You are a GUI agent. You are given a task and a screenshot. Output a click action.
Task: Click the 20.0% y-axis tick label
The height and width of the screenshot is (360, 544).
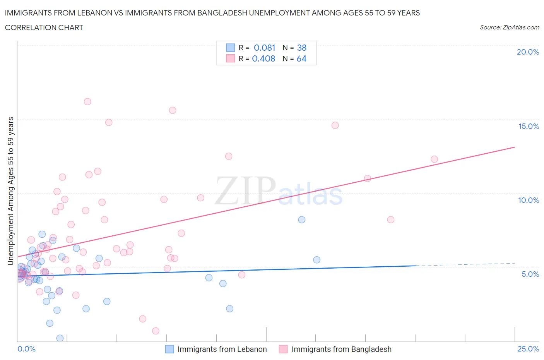[528, 52]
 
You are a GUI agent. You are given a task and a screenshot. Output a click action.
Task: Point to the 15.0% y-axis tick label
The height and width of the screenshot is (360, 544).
[529, 126]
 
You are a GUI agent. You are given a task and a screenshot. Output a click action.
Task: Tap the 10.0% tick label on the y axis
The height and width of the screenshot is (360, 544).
[529, 200]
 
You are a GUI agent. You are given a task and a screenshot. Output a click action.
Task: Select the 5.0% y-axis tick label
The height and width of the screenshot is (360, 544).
[530, 274]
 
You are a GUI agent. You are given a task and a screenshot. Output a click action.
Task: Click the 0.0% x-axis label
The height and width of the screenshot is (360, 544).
[26, 349]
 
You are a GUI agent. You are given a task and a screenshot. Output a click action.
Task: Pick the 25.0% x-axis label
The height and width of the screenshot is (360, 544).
[528, 349]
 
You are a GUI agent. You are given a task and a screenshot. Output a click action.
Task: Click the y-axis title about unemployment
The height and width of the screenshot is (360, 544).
[10, 191]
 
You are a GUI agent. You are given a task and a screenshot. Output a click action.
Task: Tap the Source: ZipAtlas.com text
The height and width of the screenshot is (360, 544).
[509, 27]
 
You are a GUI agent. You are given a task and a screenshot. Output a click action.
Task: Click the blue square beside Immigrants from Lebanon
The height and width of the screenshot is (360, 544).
[169, 349]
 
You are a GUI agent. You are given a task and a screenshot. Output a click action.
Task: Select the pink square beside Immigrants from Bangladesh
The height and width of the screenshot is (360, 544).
[283, 349]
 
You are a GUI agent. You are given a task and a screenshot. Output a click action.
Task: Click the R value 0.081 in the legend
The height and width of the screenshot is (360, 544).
[264, 48]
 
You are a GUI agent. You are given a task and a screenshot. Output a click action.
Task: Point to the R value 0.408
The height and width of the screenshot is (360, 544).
[263, 58]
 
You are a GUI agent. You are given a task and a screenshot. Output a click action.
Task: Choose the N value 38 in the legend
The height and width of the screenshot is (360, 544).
[302, 48]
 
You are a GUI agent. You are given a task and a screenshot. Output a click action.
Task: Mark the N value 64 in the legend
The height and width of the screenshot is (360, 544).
[301, 58]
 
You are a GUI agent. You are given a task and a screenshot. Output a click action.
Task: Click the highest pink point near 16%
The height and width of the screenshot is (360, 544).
[87, 101]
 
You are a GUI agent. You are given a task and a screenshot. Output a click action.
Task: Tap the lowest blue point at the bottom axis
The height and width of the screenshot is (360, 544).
[60, 338]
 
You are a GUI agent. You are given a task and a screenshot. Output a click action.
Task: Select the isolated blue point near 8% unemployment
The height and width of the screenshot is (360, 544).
[302, 219]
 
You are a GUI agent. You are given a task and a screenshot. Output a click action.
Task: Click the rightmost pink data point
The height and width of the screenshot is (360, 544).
[434, 159]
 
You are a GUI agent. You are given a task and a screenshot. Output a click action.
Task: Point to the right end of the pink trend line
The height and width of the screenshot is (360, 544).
[515, 147]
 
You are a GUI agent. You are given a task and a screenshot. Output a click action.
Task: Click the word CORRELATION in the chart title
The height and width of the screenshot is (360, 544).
[27, 27]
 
